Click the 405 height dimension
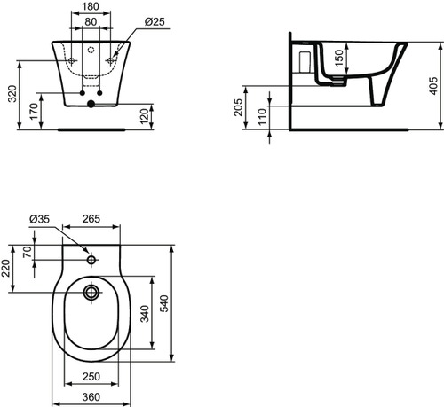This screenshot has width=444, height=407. (x=433, y=83)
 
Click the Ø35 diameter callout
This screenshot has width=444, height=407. (x=39, y=217)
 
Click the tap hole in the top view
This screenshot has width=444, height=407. (x=91, y=261)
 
